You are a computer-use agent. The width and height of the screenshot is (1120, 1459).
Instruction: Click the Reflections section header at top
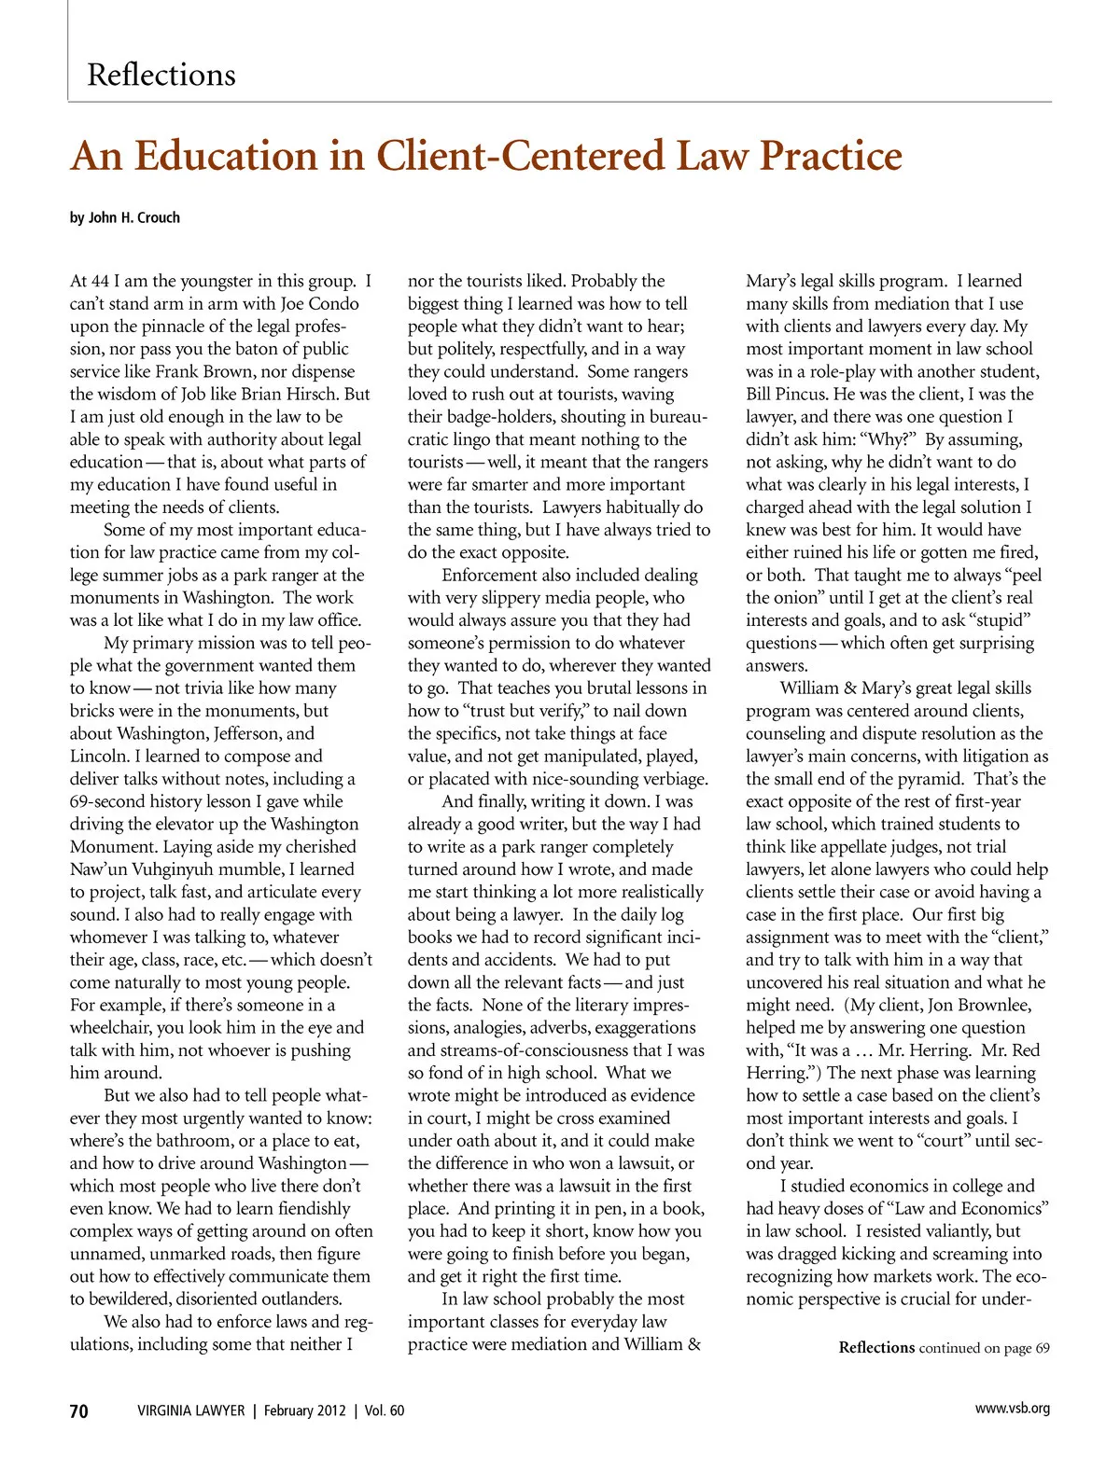[x=161, y=75]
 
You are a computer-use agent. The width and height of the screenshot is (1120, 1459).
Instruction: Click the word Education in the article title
[x=234, y=156]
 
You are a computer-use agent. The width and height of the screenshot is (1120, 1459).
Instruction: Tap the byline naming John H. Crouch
[x=125, y=217]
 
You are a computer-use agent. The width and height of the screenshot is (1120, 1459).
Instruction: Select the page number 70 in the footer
[x=79, y=1410]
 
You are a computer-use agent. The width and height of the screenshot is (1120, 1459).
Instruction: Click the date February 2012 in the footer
[x=304, y=1410]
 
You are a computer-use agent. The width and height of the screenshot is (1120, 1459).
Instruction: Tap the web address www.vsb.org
[x=1012, y=1409]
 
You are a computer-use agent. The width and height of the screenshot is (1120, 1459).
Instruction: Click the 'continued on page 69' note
[x=984, y=1348]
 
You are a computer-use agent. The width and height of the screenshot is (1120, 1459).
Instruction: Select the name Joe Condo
[x=320, y=304]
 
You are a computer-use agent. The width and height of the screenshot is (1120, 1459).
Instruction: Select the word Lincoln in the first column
[x=101, y=757]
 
